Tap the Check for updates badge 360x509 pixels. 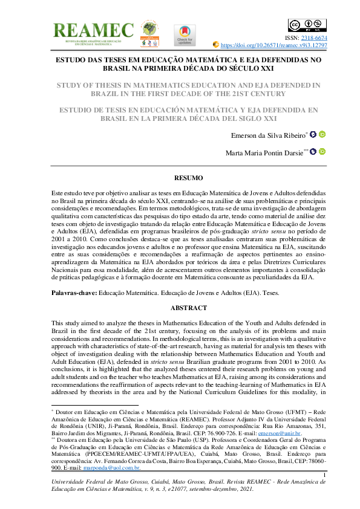(x=185, y=35)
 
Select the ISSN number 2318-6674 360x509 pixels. (x=313, y=37)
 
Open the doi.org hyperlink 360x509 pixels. (x=275, y=45)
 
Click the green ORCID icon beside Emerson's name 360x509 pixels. (x=322, y=134)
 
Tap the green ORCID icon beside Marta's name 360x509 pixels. (x=322, y=152)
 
